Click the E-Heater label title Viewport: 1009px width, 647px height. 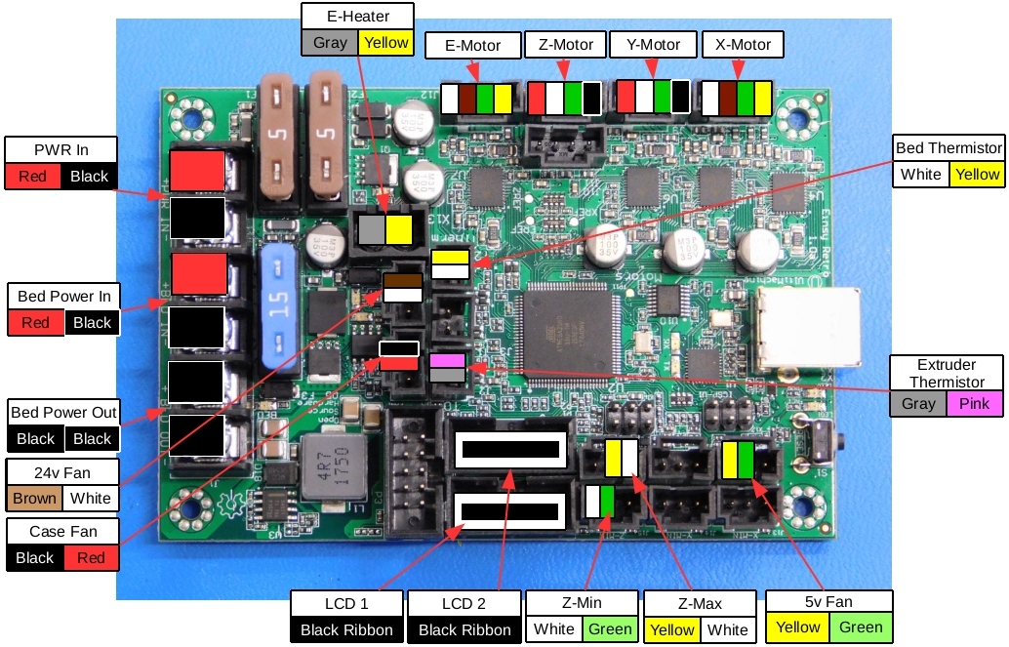tap(358, 16)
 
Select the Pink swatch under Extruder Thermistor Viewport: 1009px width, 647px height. tap(975, 403)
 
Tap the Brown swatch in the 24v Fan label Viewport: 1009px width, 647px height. tap(35, 498)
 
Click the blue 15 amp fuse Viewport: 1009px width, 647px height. tap(280, 305)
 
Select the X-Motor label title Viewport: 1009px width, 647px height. tap(743, 45)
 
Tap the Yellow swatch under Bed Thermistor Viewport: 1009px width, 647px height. tap(977, 175)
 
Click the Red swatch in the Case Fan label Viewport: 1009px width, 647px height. tap(91, 558)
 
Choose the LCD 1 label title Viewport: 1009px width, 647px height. tap(346, 602)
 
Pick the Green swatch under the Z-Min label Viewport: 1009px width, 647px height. tap(611, 628)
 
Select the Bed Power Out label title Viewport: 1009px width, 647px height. tap(63, 412)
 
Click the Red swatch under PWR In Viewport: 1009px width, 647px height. tap(32, 177)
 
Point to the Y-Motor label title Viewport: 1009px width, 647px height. tap(653, 45)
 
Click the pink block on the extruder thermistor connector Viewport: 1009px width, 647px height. tap(448, 360)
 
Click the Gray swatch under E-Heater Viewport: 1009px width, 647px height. tap(331, 43)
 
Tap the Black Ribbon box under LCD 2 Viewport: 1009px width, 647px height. tap(464, 629)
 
